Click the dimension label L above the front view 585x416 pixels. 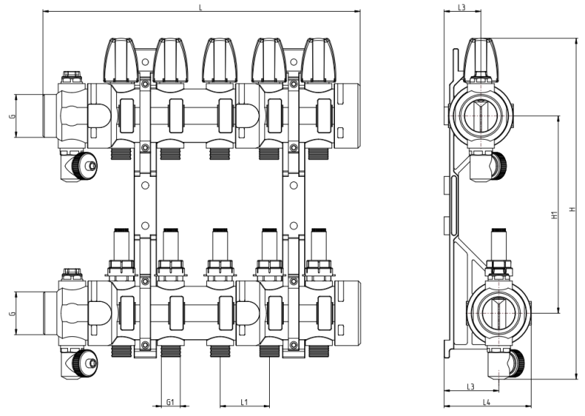pyautogui.click(x=201, y=7)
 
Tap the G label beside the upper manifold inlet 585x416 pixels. pyautogui.click(x=12, y=115)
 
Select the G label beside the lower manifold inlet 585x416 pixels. pyautogui.click(x=12, y=314)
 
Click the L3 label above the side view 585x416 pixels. pyautogui.click(x=461, y=7)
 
